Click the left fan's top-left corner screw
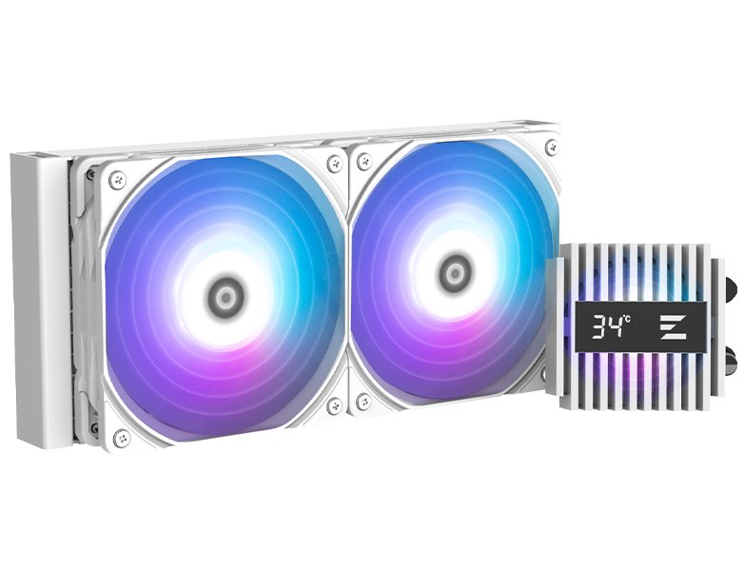point(117,178)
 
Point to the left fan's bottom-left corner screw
point(120,438)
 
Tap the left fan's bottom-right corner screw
point(334,406)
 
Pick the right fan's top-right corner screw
point(551,147)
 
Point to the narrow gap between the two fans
point(348,285)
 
